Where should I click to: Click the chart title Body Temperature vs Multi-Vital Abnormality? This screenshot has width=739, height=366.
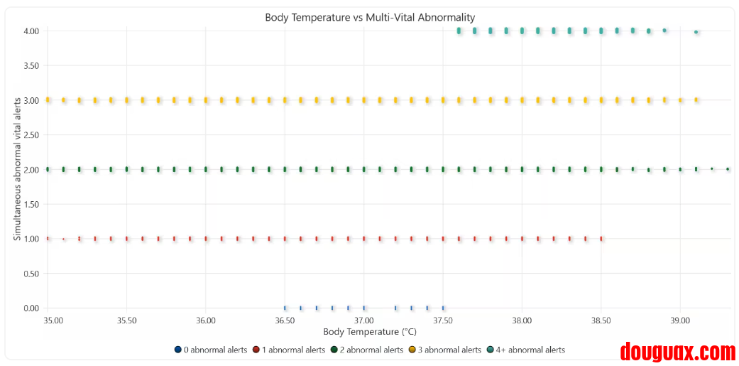[370, 17]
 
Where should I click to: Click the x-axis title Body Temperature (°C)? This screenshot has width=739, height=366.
[369, 332]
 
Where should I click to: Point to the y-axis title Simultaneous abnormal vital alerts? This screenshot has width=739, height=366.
[17, 168]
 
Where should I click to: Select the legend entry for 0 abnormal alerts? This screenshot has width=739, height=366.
[211, 350]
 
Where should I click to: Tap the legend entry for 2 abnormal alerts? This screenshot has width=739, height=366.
[367, 350]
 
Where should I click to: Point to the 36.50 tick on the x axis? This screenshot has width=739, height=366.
[285, 321]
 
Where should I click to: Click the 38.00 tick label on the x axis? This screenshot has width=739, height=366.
[522, 321]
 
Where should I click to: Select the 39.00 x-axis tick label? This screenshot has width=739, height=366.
[680, 321]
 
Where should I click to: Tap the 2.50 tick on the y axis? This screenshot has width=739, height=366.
[31, 135]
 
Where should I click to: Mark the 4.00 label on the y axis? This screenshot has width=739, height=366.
[31, 31]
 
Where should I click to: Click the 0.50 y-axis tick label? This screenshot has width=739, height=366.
[31, 274]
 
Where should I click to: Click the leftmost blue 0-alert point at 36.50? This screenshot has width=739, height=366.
[285, 308]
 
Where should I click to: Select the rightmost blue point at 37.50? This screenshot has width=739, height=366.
[443, 308]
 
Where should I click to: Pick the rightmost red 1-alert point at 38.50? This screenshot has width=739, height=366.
[601, 239]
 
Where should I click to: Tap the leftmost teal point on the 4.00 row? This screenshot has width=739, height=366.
[459, 31]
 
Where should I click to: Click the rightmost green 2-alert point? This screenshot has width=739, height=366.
[728, 169]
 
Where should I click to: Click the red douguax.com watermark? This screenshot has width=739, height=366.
[677, 351]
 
